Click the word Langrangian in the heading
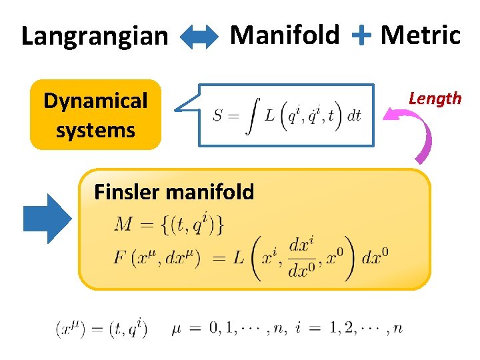pyautogui.click(x=95, y=36)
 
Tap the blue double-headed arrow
pyautogui.click(x=199, y=37)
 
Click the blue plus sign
pyautogui.click(x=361, y=35)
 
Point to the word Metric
pyautogui.click(x=420, y=35)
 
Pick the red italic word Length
pyautogui.click(x=435, y=99)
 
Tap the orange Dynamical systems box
pyautogui.click(x=95, y=115)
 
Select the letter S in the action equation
pyautogui.click(x=217, y=115)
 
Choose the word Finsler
pyautogui.click(x=127, y=192)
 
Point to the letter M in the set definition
pyautogui.click(x=124, y=224)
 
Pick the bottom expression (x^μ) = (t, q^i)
pyautogui.click(x=101, y=328)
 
